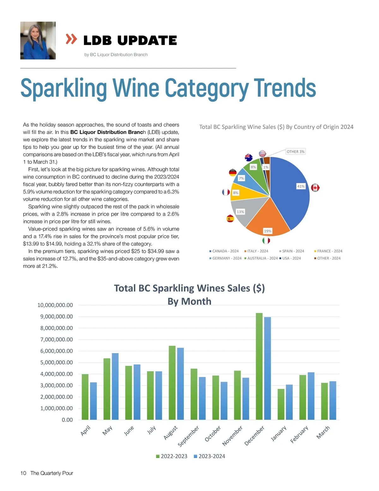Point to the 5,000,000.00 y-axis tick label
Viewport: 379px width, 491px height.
click(56, 362)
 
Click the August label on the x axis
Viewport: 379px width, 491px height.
click(171, 433)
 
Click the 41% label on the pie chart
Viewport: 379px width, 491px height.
click(301, 186)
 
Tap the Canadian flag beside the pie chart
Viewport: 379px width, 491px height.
click(315, 187)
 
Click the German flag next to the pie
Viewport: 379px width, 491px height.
click(233, 172)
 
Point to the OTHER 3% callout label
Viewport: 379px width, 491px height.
click(295, 151)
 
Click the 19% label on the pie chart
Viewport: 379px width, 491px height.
click(268, 231)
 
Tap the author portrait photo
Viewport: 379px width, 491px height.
click(38, 40)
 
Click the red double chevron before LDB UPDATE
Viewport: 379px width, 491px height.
click(71, 39)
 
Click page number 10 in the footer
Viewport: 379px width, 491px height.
click(23, 473)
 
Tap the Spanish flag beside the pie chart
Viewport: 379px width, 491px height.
click(230, 218)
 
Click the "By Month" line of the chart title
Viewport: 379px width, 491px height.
click(189, 301)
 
